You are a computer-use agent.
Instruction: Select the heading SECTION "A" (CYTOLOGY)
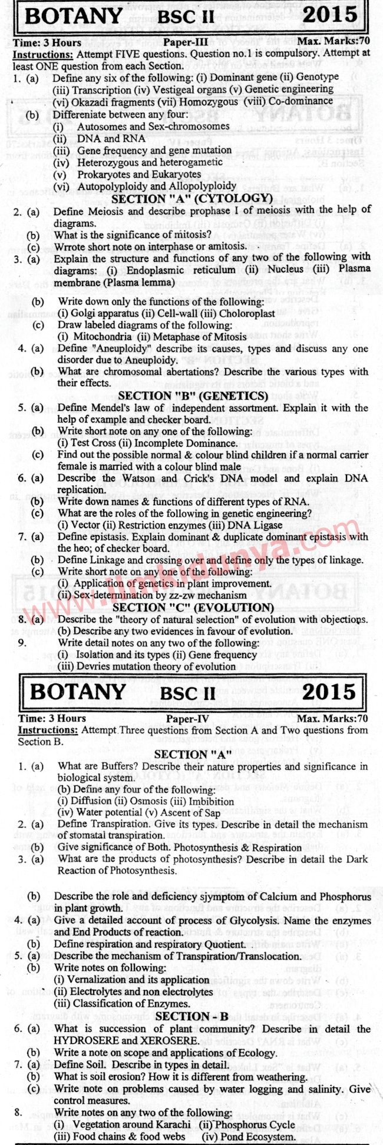(x=191, y=199)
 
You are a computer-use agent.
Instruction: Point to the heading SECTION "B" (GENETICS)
(x=193, y=396)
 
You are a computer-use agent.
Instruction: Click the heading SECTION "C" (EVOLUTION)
(x=193, y=607)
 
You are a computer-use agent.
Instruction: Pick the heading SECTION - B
(x=193, y=1016)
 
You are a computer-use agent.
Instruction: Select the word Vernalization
(x=97, y=980)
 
